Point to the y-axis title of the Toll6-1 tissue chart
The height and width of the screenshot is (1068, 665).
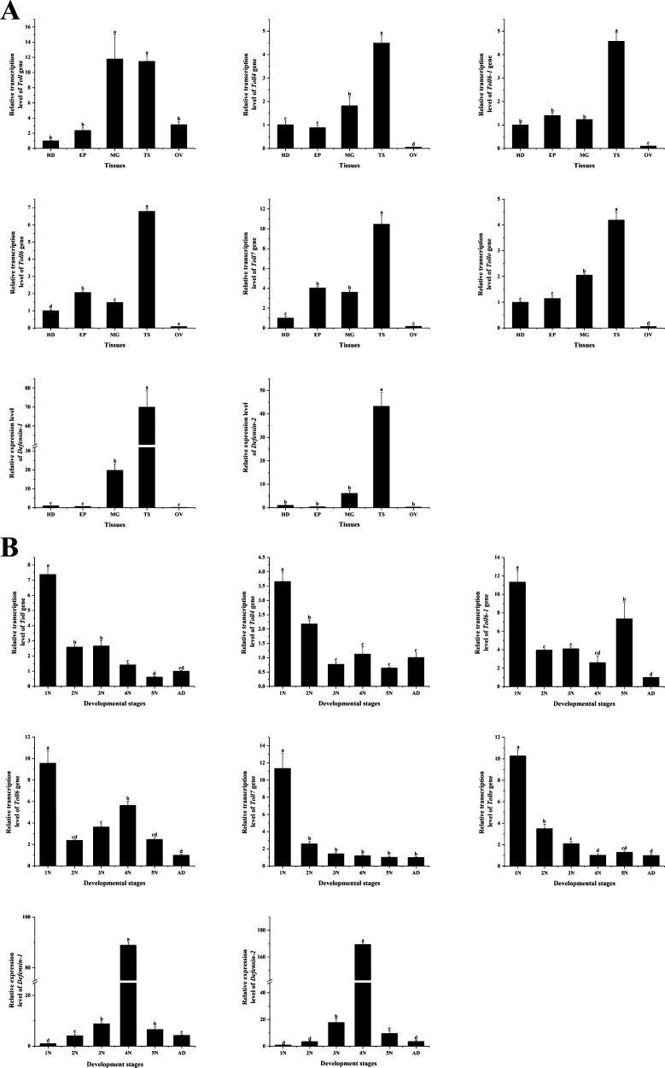(478, 81)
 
